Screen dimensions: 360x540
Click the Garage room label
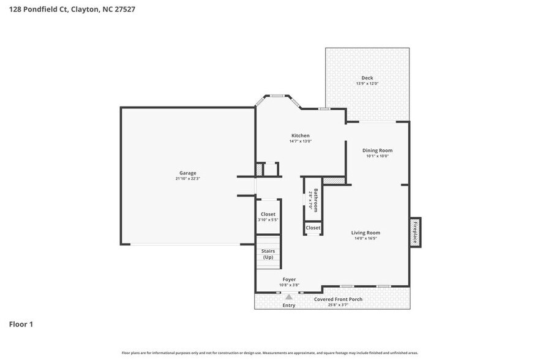point(187,173)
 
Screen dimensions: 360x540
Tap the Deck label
point(367,78)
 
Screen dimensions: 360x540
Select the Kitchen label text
point(300,135)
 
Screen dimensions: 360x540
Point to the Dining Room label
point(377,150)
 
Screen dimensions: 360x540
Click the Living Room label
point(366,233)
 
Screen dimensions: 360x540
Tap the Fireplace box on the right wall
point(414,232)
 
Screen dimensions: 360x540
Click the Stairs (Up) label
point(268,254)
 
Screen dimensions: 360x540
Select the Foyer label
point(289,279)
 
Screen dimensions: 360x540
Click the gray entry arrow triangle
point(289,297)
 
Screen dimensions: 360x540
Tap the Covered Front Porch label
point(338,299)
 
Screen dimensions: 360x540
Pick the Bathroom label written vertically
point(316,200)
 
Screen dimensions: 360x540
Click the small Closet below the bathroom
point(313,228)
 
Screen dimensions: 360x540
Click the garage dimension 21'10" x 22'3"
point(187,179)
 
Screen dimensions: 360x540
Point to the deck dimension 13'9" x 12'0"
point(367,84)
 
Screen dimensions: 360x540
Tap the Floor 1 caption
point(21,324)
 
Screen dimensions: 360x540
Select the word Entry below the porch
point(288,305)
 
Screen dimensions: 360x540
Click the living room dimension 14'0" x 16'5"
point(366,239)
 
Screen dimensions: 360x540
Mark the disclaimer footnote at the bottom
point(270,353)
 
